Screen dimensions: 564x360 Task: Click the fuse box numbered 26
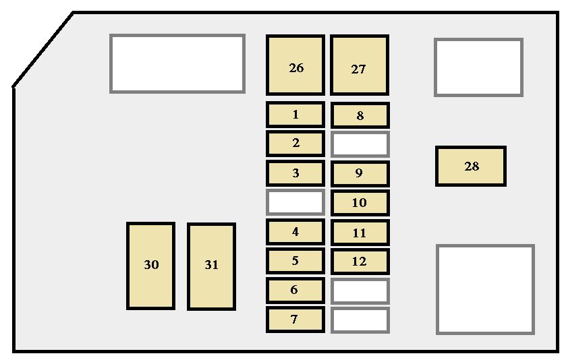coord(295,65)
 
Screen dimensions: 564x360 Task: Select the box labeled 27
coord(360,65)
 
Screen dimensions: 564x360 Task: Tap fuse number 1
coord(295,115)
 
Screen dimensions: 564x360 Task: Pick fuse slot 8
coord(360,115)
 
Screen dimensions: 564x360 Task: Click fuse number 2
coord(295,144)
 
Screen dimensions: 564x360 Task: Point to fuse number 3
coord(295,173)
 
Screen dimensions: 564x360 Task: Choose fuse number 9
coord(360,174)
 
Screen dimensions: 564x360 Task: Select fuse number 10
coord(360,203)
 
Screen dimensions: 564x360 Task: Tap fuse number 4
coord(295,232)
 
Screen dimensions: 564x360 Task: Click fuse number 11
coord(360,233)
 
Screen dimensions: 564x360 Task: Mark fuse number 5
coord(295,260)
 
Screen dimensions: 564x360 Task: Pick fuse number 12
coord(360,261)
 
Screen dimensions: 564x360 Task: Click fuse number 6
coord(295,290)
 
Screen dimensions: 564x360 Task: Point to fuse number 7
coord(295,320)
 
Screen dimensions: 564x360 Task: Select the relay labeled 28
coord(471,166)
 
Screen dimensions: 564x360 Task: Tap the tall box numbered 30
coord(150,266)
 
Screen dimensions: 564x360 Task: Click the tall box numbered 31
coord(212,266)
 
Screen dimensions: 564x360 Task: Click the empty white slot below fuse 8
coord(360,144)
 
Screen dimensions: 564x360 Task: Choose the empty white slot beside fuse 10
coord(295,202)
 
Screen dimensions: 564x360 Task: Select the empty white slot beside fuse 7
coord(360,320)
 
